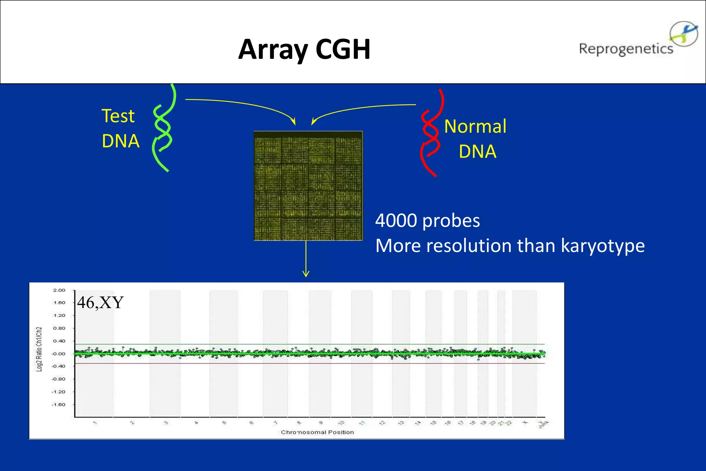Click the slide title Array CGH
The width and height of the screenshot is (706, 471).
[x=304, y=49]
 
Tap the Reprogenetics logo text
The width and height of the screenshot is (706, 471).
[x=626, y=49]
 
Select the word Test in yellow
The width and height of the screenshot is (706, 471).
[x=118, y=116]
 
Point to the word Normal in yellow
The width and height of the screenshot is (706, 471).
[x=475, y=126]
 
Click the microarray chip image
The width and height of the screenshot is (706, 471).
[x=308, y=186]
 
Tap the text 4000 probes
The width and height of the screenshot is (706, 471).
[x=427, y=221]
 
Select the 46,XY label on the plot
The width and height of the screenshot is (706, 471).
[x=100, y=302]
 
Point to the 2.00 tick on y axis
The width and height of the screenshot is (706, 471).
[x=59, y=290]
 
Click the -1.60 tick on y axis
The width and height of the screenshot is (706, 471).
[x=58, y=404]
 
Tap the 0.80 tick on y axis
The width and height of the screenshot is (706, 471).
[x=59, y=328]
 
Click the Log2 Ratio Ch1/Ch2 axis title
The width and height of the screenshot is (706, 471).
[x=39, y=349]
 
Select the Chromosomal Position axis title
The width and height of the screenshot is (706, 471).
[x=317, y=432]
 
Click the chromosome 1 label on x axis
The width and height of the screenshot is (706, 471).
[x=95, y=422]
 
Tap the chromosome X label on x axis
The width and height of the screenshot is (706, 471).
[x=525, y=422]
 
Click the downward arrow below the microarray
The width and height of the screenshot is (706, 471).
[x=306, y=259]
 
